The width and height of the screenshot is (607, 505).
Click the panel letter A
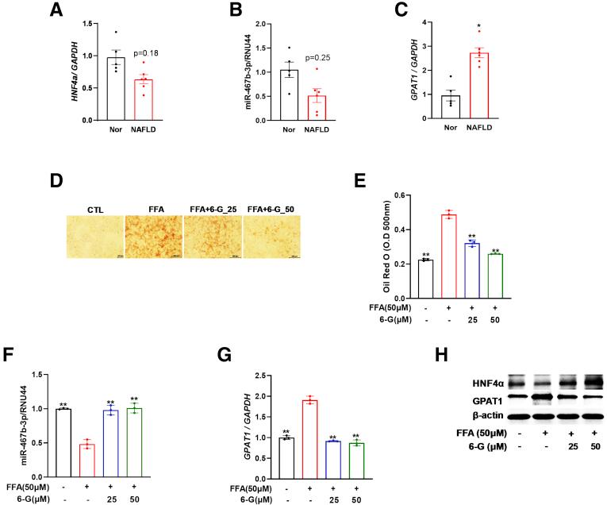point(56,10)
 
